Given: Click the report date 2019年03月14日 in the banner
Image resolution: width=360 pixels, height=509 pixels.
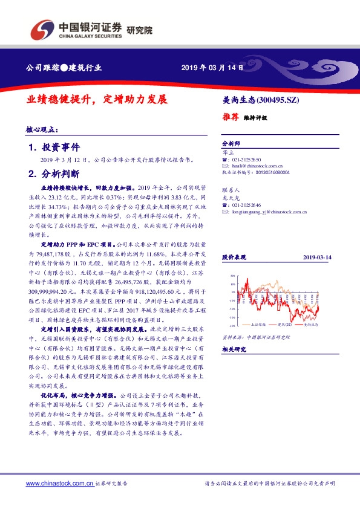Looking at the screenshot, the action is coord(212,68).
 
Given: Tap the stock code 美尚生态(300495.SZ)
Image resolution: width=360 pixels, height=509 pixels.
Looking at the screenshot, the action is coord(261,99).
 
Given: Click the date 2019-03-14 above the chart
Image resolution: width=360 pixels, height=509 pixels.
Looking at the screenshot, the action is coord(317,257).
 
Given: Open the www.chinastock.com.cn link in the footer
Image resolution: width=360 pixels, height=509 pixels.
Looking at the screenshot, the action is coord(59,484).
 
